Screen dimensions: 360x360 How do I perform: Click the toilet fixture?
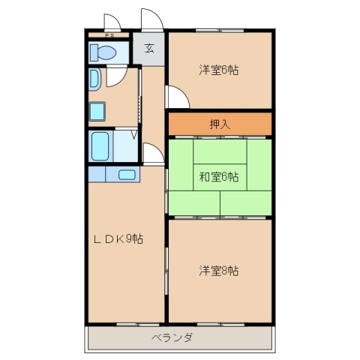100,52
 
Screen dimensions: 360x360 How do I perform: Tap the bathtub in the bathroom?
100,146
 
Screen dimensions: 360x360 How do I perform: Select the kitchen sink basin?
127,175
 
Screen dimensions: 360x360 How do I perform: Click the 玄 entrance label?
149,49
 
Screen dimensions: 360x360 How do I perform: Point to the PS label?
109,35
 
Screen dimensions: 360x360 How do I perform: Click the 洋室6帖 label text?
219,71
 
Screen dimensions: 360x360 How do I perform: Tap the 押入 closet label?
219,124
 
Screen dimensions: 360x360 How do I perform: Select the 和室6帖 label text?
219,177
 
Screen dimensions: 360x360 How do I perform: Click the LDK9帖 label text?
118,239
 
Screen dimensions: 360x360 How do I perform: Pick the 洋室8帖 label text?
219,270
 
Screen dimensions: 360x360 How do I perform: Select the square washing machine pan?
97,111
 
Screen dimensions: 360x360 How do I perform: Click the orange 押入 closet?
219,124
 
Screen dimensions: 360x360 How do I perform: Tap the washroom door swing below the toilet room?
117,76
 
